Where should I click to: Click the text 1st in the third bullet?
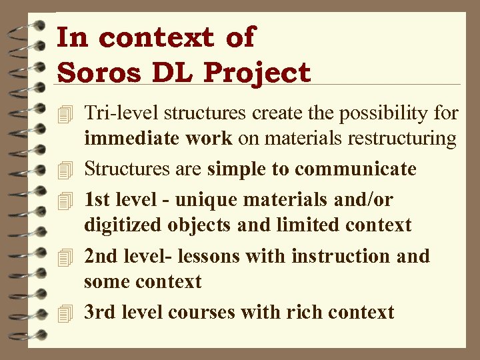click(x=97, y=199)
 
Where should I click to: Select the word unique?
click(x=200, y=199)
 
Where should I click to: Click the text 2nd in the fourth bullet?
click(x=100, y=256)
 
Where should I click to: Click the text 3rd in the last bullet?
click(x=99, y=312)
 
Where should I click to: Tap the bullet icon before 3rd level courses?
click(x=65, y=313)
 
